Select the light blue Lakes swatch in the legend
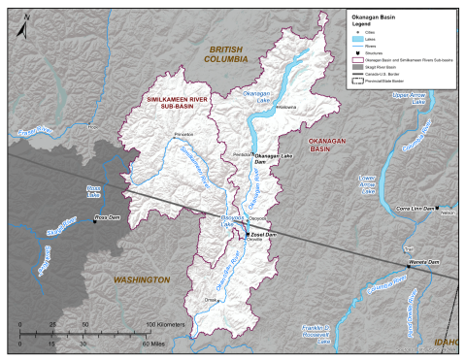pyautogui.click(x=356, y=38)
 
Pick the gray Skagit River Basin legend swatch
pyautogui.click(x=356, y=66)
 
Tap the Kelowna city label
pyautogui.click(x=286, y=106)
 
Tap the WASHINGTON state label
pyautogui.click(x=141, y=279)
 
